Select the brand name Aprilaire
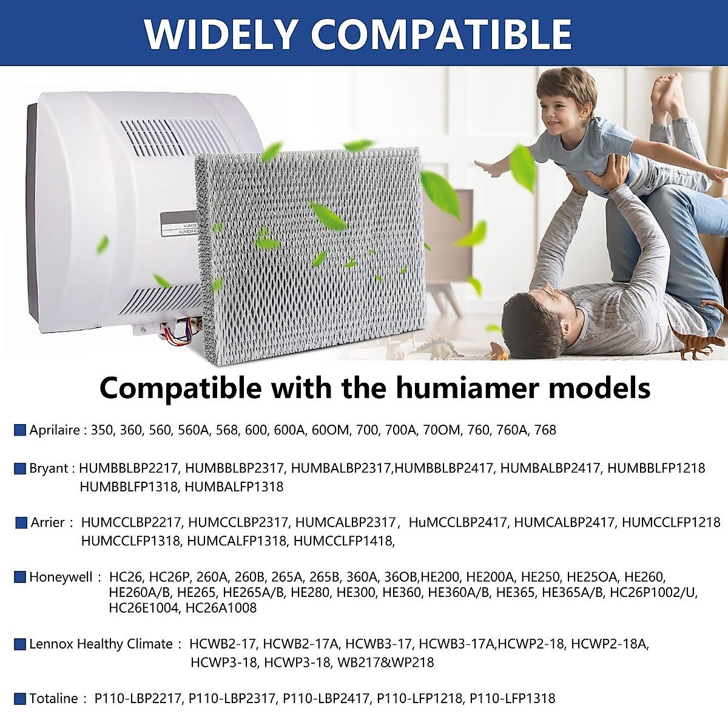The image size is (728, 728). point(54,430)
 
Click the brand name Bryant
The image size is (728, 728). point(49,468)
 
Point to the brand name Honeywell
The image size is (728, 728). point(61,576)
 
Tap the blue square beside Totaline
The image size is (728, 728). point(20,698)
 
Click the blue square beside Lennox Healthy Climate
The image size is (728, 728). point(20,644)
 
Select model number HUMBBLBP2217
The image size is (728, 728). point(129,468)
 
